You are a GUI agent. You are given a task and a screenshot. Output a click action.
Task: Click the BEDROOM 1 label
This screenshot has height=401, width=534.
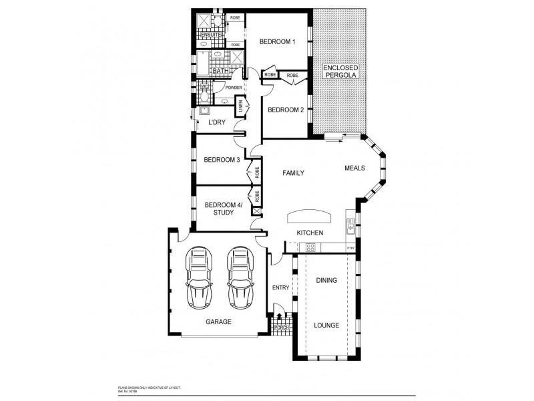[x=277, y=41]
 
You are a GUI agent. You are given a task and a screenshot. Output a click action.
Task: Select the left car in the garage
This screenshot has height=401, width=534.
[x=199, y=275]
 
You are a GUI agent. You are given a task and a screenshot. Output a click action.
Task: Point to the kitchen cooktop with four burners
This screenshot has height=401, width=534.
[x=310, y=247]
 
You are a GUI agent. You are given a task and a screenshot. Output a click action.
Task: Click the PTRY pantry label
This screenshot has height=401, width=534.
[x=350, y=248]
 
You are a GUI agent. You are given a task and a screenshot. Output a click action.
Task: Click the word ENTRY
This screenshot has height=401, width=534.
[x=280, y=288]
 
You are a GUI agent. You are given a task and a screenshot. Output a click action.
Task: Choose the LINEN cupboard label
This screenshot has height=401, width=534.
[x=241, y=106]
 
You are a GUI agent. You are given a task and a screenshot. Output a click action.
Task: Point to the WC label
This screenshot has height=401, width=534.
[x=204, y=88]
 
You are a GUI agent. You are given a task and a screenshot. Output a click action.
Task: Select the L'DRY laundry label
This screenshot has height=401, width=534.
[x=216, y=122]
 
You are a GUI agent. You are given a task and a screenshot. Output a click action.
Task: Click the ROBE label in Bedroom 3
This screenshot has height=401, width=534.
[x=256, y=171]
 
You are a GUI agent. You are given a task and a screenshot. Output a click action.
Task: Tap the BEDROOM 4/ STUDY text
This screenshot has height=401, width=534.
[x=220, y=209]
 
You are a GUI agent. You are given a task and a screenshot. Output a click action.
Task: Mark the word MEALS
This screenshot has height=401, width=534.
[x=354, y=168]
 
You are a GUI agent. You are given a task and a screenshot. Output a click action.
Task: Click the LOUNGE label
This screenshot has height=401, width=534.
[x=327, y=325]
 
